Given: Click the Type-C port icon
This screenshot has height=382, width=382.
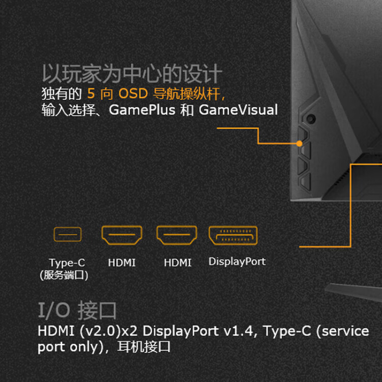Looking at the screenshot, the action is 67,234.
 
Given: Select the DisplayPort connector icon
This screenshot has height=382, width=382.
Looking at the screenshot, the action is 233,235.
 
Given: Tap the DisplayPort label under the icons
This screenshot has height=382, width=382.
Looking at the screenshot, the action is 237,261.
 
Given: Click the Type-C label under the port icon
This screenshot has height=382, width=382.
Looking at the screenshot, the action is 67,263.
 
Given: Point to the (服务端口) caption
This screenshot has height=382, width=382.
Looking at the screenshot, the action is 64,275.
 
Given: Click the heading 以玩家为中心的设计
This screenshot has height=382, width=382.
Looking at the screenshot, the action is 132,73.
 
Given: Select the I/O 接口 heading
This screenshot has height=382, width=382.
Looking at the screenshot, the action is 77,310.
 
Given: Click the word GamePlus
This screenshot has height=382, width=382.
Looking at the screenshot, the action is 142,110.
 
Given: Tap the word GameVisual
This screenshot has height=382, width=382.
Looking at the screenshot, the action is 238,110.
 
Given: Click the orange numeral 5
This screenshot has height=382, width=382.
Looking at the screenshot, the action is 91,94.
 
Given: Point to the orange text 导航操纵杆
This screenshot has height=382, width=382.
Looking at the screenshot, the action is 186,94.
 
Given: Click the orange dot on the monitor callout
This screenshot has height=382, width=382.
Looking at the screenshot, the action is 299,144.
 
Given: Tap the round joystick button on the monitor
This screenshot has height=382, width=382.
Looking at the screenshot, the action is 311,119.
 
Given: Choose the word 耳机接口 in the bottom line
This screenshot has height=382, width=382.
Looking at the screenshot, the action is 144,347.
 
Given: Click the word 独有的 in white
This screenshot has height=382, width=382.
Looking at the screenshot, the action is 62,94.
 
